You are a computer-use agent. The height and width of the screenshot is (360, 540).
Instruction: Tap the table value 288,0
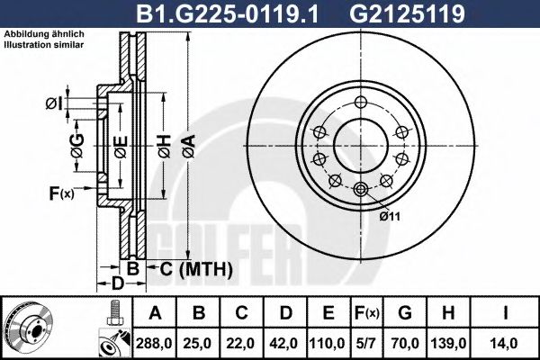tap(157, 343)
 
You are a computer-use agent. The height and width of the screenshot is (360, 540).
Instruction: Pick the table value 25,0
tap(197, 343)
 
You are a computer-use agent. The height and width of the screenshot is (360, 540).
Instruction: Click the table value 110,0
tap(328, 343)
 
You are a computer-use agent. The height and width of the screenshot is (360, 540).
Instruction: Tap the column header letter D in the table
tap(283, 313)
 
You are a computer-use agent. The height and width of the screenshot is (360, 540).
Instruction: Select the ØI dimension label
tap(53, 104)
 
